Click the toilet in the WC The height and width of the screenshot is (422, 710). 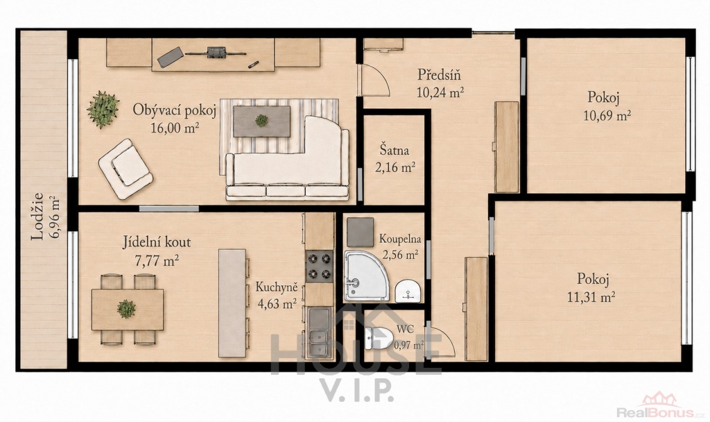tap(378, 338)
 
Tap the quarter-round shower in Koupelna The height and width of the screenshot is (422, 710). tap(365, 275)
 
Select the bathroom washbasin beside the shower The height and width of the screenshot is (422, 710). tap(408, 291)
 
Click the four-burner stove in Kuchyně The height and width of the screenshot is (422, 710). tap(318, 267)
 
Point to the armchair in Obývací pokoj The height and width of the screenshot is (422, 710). tap(125, 169)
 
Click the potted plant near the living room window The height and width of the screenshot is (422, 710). tap(103, 109)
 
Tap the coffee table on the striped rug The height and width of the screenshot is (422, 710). tap(261, 121)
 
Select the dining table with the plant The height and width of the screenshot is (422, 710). tap(128, 309)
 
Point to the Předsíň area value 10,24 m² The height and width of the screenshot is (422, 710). tap(440, 92)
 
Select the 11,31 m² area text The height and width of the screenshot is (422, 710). tap(591, 297)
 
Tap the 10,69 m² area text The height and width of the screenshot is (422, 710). tap(607, 116)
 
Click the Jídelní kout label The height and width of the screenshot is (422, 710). tap(157, 242)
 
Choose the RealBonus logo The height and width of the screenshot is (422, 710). tap(661, 407)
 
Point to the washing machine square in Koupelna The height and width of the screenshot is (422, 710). tap(360, 232)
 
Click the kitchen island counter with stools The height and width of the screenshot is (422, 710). tap(232, 303)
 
